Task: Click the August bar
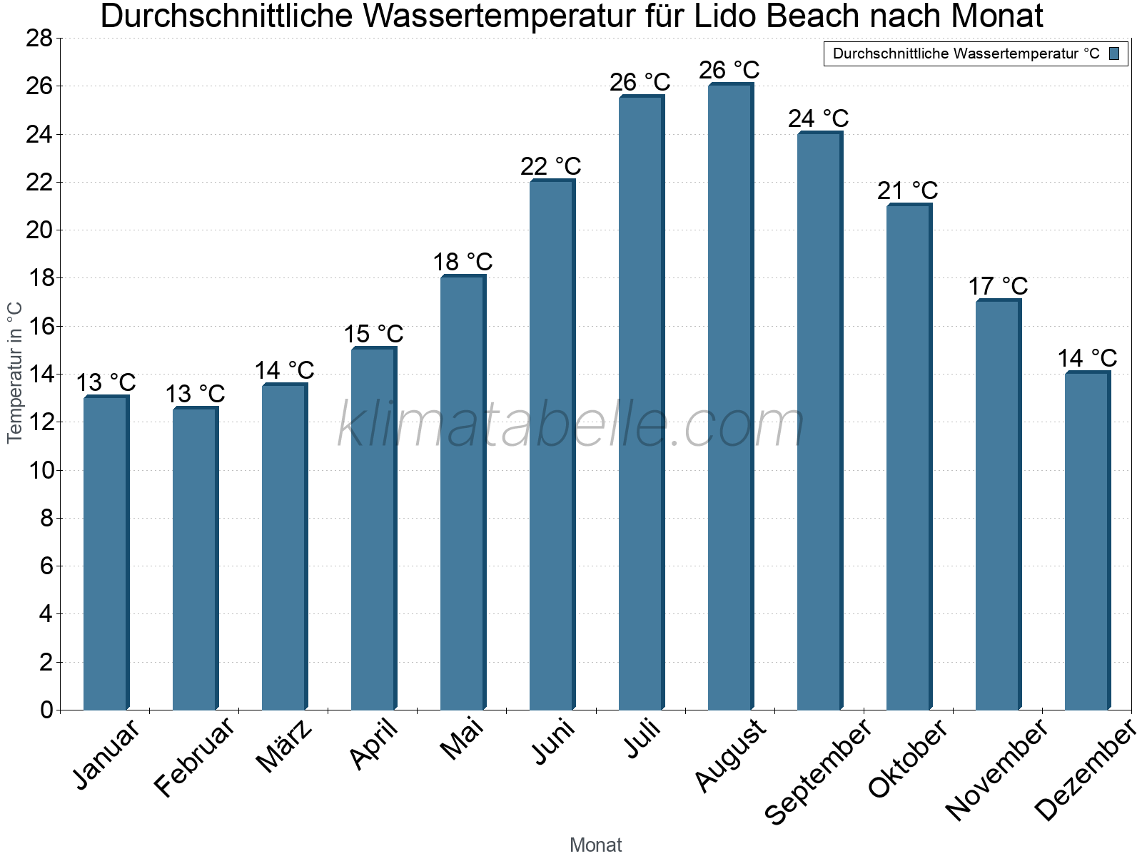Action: [730, 397]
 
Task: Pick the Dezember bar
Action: [1087, 541]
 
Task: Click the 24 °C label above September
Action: [819, 118]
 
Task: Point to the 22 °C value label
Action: [551, 166]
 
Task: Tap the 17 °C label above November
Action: [998, 286]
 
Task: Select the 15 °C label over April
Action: [373, 334]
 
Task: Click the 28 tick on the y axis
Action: [39, 38]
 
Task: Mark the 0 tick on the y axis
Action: [46, 710]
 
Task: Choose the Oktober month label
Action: [908, 758]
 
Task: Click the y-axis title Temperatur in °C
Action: [15, 372]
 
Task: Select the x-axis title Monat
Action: [596, 845]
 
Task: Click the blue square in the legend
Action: [1114, 53]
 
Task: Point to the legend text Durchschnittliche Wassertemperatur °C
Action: [966, 53]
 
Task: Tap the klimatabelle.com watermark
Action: [571, 426]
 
